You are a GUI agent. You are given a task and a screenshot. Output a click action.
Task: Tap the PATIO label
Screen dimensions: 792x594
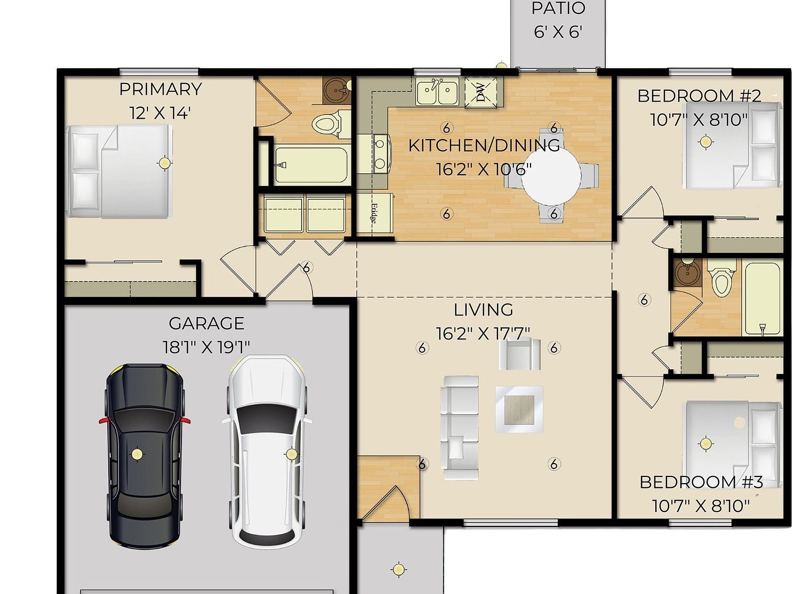point(558,9)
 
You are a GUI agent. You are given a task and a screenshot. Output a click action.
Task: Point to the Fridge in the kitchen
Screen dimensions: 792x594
point(375,213)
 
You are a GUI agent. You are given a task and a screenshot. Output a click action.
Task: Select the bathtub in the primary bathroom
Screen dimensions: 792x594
point(311,166)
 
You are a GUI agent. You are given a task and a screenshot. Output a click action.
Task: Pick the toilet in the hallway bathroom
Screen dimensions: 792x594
point(721,280)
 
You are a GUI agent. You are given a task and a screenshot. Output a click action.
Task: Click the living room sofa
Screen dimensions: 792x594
point(459,428)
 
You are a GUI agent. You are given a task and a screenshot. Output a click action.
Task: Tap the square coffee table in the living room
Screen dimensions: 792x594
point(519,409)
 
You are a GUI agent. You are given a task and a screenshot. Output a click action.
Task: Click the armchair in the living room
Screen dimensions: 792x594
point(520,354)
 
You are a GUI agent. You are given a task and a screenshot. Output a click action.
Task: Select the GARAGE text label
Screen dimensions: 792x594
point(206,323)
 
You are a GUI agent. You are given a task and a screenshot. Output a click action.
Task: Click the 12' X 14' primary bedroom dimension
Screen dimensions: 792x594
point(160,113)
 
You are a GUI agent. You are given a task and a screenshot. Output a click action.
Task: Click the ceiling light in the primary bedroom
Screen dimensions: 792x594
point(164,163)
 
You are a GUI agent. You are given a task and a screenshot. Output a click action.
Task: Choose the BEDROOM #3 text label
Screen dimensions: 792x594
point(701,483)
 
